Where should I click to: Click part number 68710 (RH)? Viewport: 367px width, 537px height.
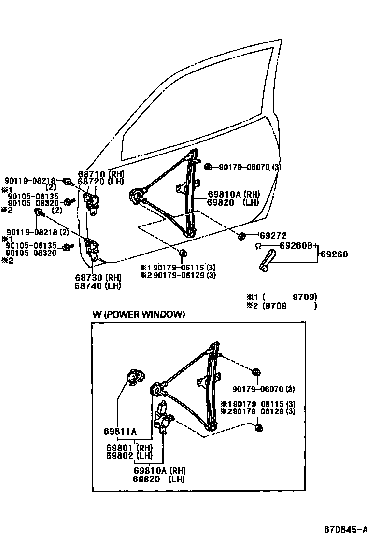tap(100, 174)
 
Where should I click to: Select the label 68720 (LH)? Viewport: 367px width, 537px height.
tap(100, 182)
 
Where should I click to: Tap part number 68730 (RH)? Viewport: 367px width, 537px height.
tap(98, 278)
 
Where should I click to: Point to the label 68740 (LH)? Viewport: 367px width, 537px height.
tap(98, 286)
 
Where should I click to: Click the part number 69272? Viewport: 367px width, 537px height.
tap(273, 236)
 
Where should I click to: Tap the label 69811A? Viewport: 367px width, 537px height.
tap(120, 431)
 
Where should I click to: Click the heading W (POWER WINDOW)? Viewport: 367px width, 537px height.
tap(139, 314)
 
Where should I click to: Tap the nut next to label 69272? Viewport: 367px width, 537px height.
tap(241, 236)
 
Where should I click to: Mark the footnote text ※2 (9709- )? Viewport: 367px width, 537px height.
tap(282, 306)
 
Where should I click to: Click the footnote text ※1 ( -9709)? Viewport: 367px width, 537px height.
tap(282, 297)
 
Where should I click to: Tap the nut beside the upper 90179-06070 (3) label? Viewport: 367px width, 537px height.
tap(208, 167)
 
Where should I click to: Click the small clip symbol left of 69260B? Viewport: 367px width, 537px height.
tap(258, 246)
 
